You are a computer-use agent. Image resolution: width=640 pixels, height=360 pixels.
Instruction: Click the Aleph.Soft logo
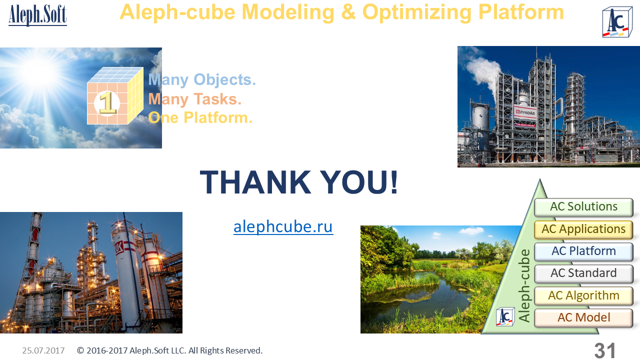click(37, 15)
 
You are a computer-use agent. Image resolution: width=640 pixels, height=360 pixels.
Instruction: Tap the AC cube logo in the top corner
click(617, 22)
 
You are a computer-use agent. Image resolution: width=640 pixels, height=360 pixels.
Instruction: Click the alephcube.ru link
click(283, 227)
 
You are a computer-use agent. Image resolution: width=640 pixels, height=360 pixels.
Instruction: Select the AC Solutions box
click(583, 207)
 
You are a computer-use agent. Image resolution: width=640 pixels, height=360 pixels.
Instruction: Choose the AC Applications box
click(583, 229)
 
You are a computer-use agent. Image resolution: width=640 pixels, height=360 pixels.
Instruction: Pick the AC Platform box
click(583, 251)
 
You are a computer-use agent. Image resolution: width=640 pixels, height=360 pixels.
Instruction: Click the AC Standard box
click(583, 273)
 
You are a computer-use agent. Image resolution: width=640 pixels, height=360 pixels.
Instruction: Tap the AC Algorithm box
click(583, 295)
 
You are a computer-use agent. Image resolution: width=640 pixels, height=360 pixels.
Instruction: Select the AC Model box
click(583, 317)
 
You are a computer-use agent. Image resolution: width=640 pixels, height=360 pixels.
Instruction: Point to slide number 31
click(605, 350)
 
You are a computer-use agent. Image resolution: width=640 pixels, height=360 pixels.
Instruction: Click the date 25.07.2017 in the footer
click(43, 350)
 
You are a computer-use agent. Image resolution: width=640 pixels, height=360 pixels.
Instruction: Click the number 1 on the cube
click(107, 103)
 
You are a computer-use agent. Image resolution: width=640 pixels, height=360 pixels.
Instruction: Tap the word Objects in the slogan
click(224, 79)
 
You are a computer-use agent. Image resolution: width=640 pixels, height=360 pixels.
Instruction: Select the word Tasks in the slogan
click(217, 99)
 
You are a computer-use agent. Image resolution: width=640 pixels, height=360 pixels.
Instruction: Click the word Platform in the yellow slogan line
click(218, 117)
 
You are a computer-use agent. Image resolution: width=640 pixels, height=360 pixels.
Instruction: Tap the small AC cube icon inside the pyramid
click(505, 317)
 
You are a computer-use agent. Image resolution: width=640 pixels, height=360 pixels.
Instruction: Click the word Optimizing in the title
click(417, 13)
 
